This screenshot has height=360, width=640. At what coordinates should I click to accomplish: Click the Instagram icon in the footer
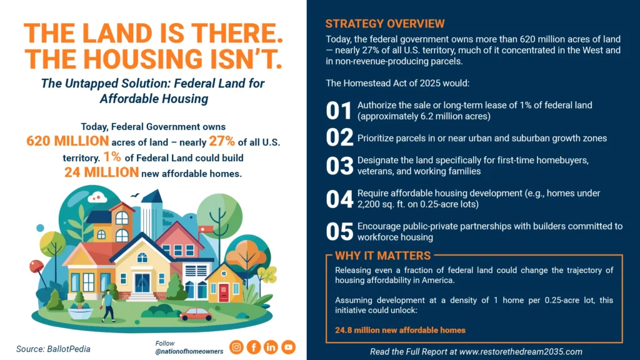pyautogui.click(x=236, y=347)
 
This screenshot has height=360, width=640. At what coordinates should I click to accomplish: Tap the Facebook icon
pyautogui.click(x=254, y=347)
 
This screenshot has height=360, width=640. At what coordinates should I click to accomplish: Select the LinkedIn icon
pyautogui.click(x=271, y=347)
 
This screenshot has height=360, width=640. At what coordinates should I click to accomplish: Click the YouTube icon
pyautogui.click(x=288, y=347)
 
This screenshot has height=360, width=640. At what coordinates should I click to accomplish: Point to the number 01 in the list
pyautogui.click(x=339, y=111)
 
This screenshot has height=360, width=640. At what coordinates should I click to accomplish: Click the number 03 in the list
pyautogui.click(x=339, y=166)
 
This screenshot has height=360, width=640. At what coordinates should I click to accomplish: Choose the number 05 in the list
pyautogui.click(x=339, y=232)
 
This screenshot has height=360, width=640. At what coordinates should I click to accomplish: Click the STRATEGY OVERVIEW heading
pyautogui.click(x=385, y=24)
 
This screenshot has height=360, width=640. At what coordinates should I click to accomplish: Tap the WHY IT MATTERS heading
pyautogui.click(x=382, y=256)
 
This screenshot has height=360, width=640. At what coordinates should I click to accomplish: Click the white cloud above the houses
pyautogui.click(x=97, y=197)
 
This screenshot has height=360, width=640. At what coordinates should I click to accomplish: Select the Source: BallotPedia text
pyautogui.click(x=53, y=349)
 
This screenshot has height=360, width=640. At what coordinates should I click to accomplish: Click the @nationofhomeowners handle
pyautogui.click(x=189, y=352)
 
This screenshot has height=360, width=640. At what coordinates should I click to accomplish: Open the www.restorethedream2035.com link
pyautogui.click(x=520, y=351)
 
